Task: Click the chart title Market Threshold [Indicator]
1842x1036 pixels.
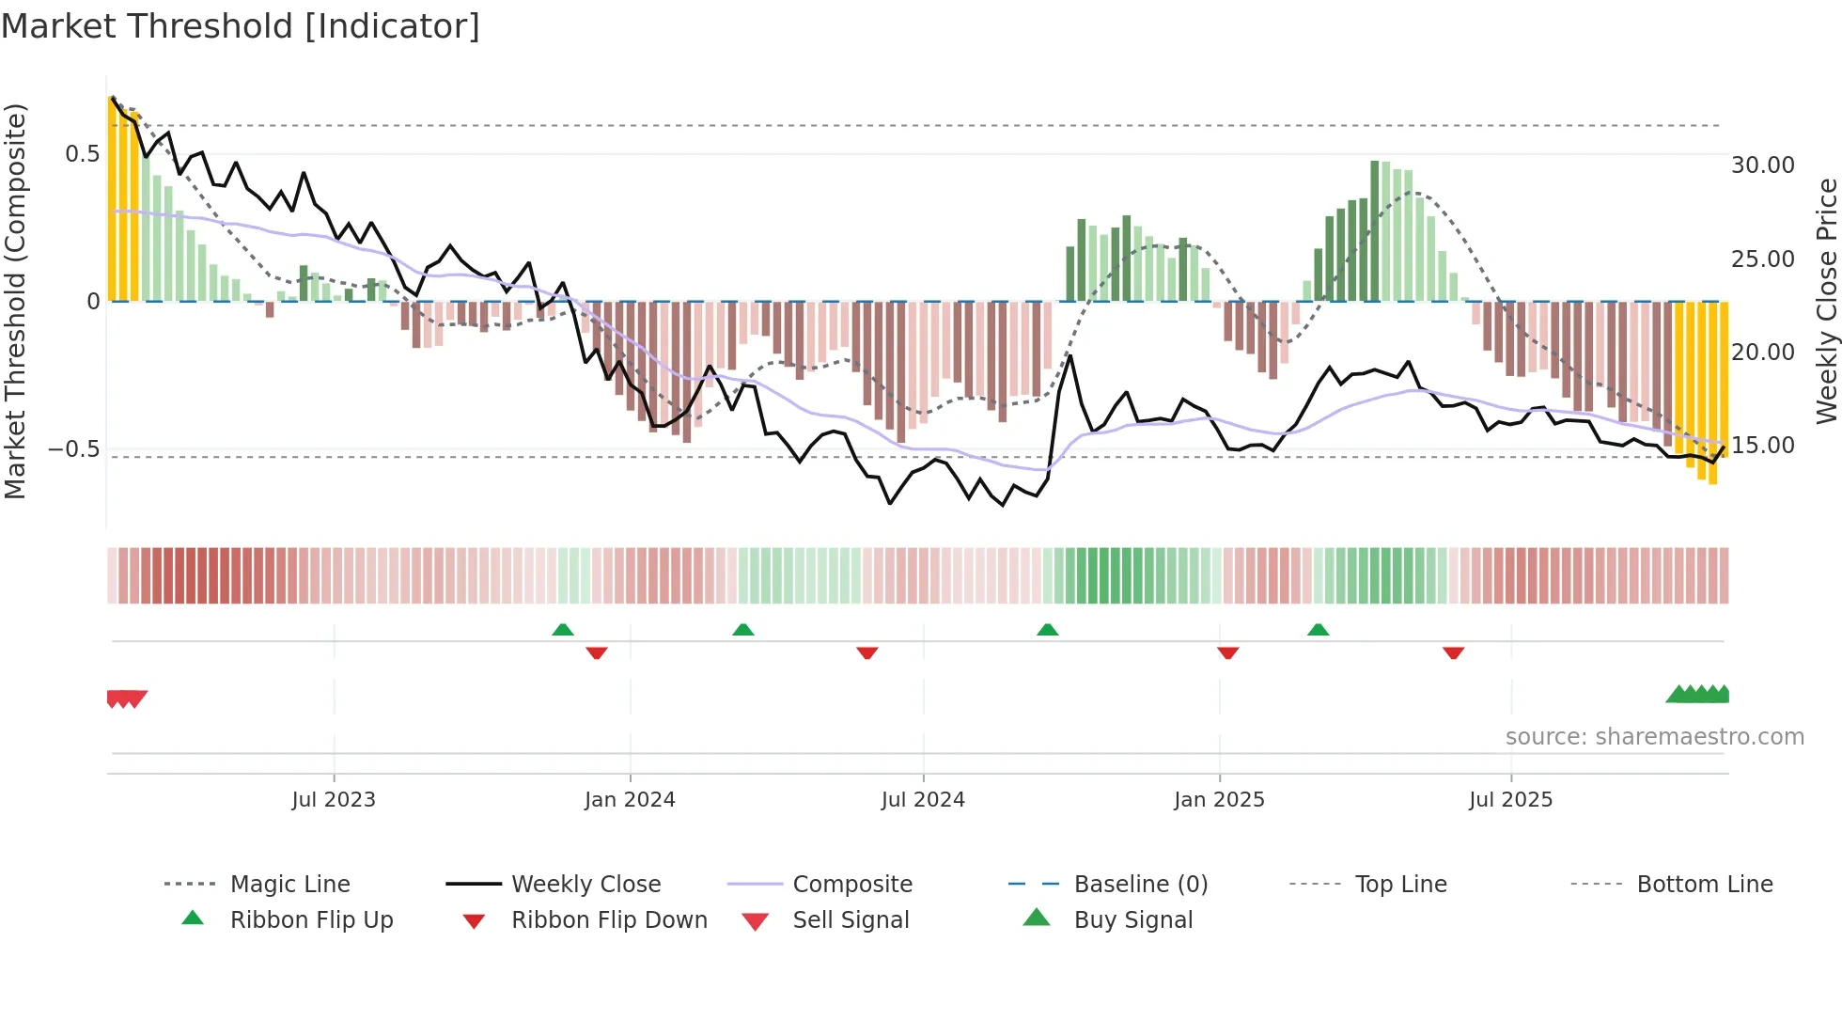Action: tap(241, 26)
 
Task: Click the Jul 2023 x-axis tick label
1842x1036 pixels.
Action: tap(333, 800)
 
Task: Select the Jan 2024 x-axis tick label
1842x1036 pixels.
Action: tap(630, 800)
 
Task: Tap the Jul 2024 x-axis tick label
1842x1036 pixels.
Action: tap(923, 800)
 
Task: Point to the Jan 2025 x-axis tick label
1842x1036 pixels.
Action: tap(1219, 800)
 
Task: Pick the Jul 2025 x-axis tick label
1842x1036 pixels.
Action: tap(1510, 800)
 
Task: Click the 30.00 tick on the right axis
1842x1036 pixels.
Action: tap(1763, 165)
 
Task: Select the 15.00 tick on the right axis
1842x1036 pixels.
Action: tap(1763, 446)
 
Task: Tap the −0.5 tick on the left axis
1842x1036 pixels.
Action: tap(74, 449)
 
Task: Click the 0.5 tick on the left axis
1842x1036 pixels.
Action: tap(82, 154)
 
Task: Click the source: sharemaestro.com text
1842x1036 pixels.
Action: tap(1654, 737)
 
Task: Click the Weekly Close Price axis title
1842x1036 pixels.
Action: tap(1826, 301)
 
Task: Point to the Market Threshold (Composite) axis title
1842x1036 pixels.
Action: tap(15, 301)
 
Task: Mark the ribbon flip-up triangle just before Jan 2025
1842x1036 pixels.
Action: tap(1047, 630)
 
